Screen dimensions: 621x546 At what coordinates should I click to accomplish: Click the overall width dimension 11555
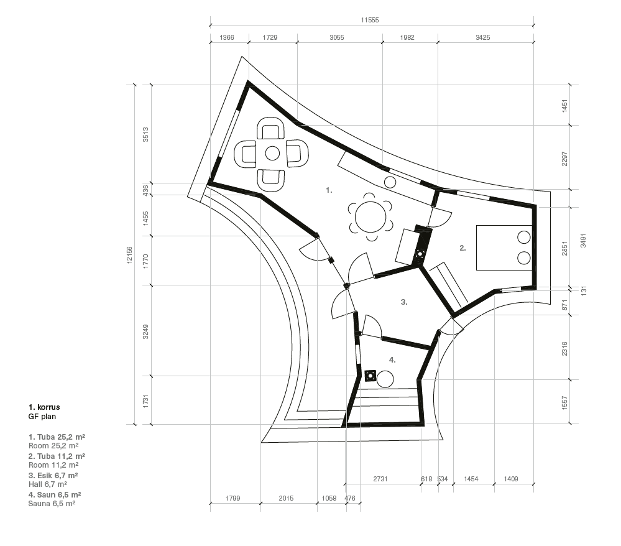pos(369,20)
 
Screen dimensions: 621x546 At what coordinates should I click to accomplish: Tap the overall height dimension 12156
pos(129,255)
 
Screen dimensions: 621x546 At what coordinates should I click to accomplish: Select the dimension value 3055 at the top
pos(337,38)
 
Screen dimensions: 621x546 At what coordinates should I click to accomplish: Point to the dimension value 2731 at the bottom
pos(380,479)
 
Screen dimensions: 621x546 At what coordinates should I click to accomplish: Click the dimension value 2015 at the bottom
pos(286,499)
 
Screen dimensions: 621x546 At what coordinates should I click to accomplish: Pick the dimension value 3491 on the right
pos(583,241)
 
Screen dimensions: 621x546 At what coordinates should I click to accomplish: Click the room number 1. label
pos(329,190)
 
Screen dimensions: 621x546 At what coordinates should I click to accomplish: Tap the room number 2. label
pos(462,248)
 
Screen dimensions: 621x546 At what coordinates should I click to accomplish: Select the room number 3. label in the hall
pos(404,302)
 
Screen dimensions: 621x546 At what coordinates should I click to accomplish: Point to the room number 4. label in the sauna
pos(392,360)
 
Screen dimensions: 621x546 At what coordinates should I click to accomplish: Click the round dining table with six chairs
pos(370,217)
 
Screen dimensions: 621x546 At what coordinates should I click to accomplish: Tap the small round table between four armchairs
pos(272,154)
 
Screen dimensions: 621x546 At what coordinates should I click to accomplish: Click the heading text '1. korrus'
pos(44,407)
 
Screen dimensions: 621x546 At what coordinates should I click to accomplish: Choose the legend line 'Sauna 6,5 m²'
pos(52,504)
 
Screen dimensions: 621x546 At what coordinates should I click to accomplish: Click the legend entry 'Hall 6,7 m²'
pos(47,484)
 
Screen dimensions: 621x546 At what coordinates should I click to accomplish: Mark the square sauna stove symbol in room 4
pos(370,376)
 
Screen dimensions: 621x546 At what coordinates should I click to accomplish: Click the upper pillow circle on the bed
pos(524,238)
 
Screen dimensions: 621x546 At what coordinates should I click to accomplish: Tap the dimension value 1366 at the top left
pos(226,38)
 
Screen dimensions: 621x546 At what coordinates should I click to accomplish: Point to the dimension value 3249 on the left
pos(145,331)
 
